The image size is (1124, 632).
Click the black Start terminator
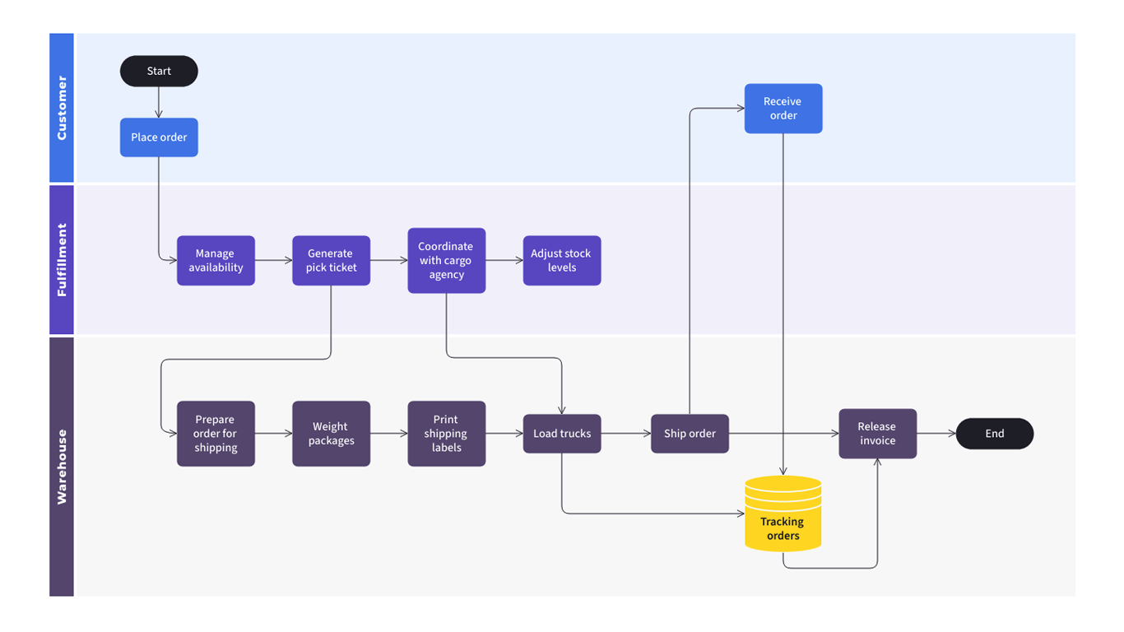[x=159, y=72]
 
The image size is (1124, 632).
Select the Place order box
[x=159, y=137]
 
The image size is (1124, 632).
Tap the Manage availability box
[x=216, y=261]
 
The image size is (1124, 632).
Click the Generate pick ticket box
[x=331, y=261]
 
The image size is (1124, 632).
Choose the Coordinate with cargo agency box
[x=446, y=261]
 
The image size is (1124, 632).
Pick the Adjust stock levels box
[x=562, y=261]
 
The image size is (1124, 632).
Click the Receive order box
[x=783, y=109]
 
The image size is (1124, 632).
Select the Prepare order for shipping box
[x=216, y=434]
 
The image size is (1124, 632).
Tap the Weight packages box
[x=331, y=434]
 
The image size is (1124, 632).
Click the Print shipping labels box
[x=446, y=434]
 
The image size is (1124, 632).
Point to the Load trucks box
[x=562, y=434]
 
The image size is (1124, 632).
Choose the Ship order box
[x=690, y=434]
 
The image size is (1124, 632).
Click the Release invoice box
[x=877, y=434]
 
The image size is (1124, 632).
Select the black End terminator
[x=994, y=434]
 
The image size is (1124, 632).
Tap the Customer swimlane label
[x=62, y=108]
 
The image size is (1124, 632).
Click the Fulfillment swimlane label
[x=62, y=260]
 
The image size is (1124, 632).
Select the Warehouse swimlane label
[x=62, y=467]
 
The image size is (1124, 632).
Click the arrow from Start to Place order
[x=159, y=103]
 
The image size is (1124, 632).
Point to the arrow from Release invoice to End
[x=936, y=434]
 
